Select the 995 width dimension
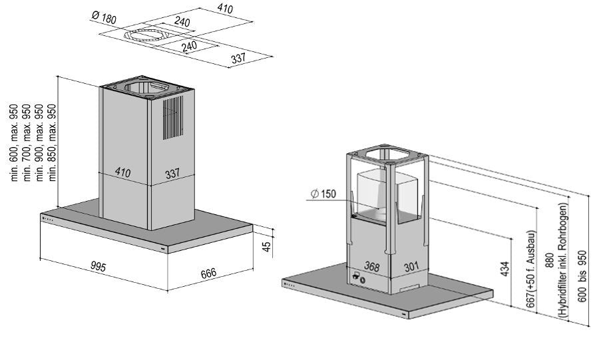click(x=98, y=268)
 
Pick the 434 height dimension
click(x=505, y=270)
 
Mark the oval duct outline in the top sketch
click(x=144, y=34)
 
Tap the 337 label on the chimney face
click(x=172, y=174)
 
